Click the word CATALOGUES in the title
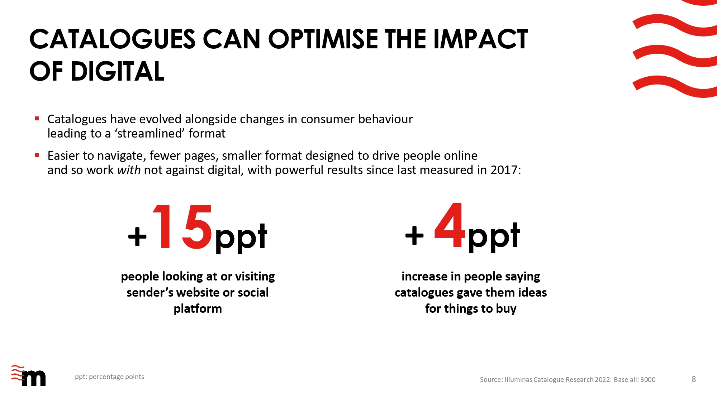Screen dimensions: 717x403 (113, 39)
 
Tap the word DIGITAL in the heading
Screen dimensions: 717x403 (117, 71)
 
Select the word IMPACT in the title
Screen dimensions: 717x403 (480, 39)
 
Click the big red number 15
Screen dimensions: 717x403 (182, 227)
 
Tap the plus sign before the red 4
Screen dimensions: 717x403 (414, 235)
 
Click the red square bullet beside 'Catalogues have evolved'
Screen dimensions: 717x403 (37, 119)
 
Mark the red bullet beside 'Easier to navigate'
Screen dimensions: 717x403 (37, 155)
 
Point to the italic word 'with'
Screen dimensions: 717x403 (129, 170)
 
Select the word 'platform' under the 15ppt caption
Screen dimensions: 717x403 (198, 309)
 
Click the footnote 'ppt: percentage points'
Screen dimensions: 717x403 (109, 377)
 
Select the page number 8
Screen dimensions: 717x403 (694, 379)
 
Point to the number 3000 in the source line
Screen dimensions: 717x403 (648, 380)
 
